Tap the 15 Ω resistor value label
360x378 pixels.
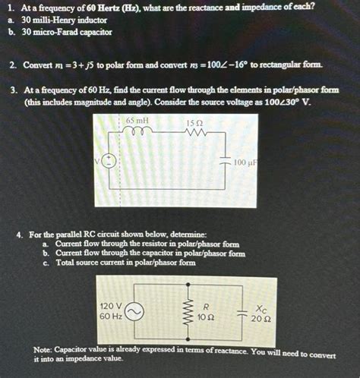coord(193,123)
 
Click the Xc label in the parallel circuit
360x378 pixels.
coord(261,309)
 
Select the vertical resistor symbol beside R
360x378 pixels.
coord(182,310)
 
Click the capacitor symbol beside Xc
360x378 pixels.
coord(241,312)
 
